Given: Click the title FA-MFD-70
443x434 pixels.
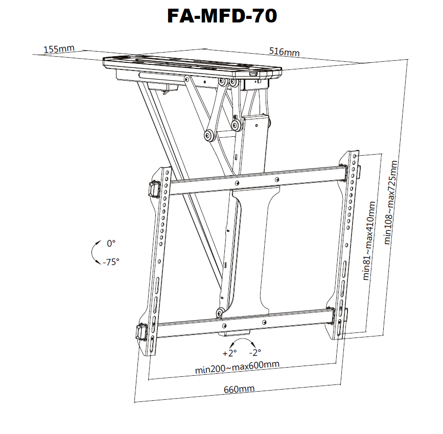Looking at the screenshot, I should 222,16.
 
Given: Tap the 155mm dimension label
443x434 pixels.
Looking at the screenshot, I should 59,49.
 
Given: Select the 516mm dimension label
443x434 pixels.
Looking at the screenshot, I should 284,52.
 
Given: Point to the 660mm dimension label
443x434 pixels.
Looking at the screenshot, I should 239,389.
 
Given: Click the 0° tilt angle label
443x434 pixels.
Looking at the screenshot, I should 111,244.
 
